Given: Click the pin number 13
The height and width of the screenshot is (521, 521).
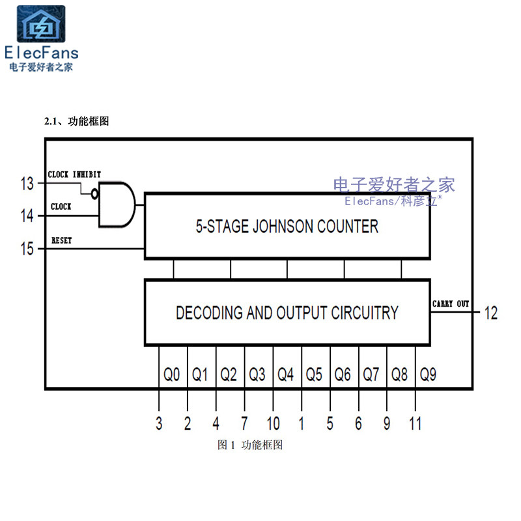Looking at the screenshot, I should [x=27, y=184].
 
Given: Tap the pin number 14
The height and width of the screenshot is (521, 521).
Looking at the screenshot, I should [x=27, y=216].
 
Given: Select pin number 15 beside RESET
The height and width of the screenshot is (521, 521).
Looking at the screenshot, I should [x=27, y=249].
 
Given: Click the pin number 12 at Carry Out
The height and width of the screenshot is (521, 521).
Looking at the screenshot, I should [x=490, y=313].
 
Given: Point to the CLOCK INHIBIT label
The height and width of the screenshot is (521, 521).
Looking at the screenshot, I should [x=74, y=175].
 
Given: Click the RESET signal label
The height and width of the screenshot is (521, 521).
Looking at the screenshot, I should [x=61, y=240].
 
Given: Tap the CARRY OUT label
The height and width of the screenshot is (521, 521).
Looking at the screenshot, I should [x=451, y=304].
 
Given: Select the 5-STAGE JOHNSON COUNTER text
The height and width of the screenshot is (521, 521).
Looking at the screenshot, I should [x=287, y=227].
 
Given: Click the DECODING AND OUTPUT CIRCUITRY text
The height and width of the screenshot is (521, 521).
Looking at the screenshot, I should [x=287, y=313].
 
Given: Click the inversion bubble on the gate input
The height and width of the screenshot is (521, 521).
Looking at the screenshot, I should [x=95, y=194].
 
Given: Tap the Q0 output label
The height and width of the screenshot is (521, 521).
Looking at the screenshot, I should [x=172, y=374].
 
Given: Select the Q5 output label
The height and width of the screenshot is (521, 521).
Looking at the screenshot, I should [x=315, y=374].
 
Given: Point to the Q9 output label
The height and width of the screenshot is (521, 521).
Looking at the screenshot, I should [x=428, y=374].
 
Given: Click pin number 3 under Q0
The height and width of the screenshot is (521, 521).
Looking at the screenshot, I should [x=159, y=423].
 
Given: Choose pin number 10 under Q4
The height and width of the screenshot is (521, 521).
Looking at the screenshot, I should [x=273, y=423].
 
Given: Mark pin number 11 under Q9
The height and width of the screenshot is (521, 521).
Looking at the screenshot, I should [x=415, y=423].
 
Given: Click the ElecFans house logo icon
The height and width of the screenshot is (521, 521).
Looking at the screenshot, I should [x=40, y=25].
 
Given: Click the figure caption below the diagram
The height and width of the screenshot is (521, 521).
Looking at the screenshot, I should [x=250, y=445].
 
